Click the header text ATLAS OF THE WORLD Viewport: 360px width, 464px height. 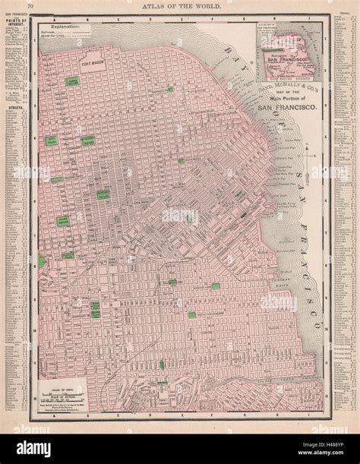click(181, 7)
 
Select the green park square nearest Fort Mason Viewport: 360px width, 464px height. click(73, 80)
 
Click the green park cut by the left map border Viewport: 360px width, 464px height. click(41, 261)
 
